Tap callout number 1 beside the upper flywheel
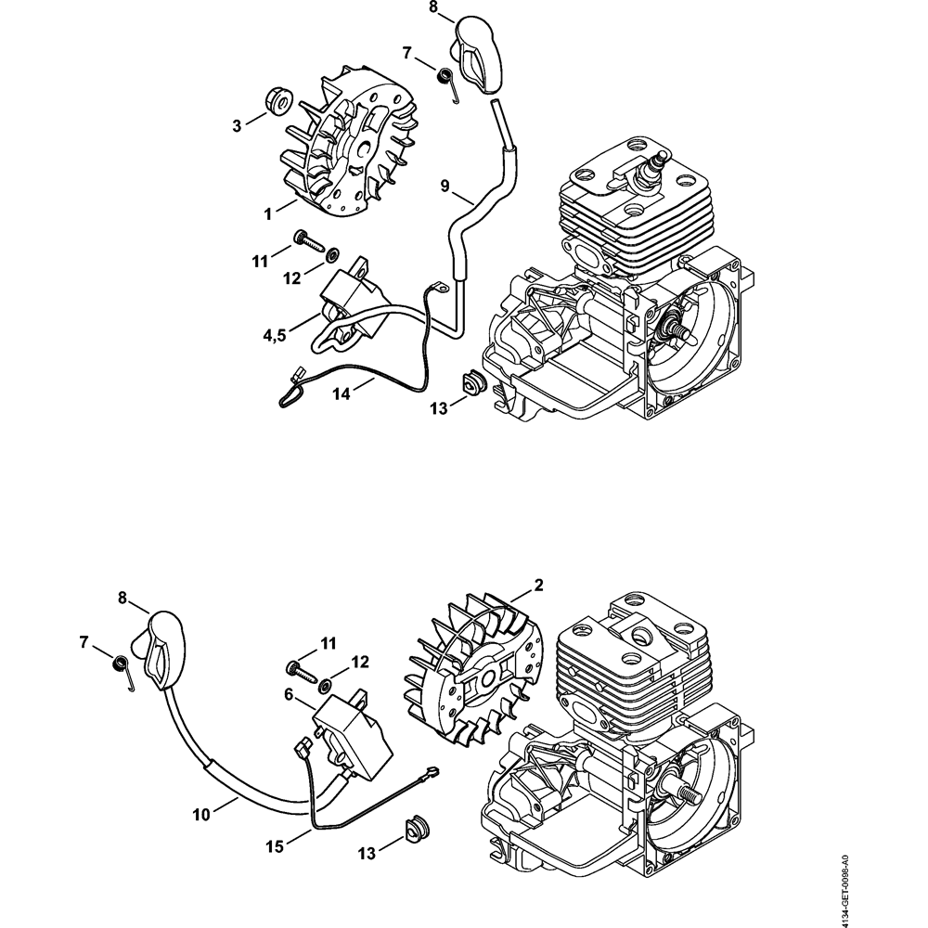click(267, 213)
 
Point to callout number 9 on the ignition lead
click(445, 187)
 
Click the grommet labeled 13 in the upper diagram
click(473, 384)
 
